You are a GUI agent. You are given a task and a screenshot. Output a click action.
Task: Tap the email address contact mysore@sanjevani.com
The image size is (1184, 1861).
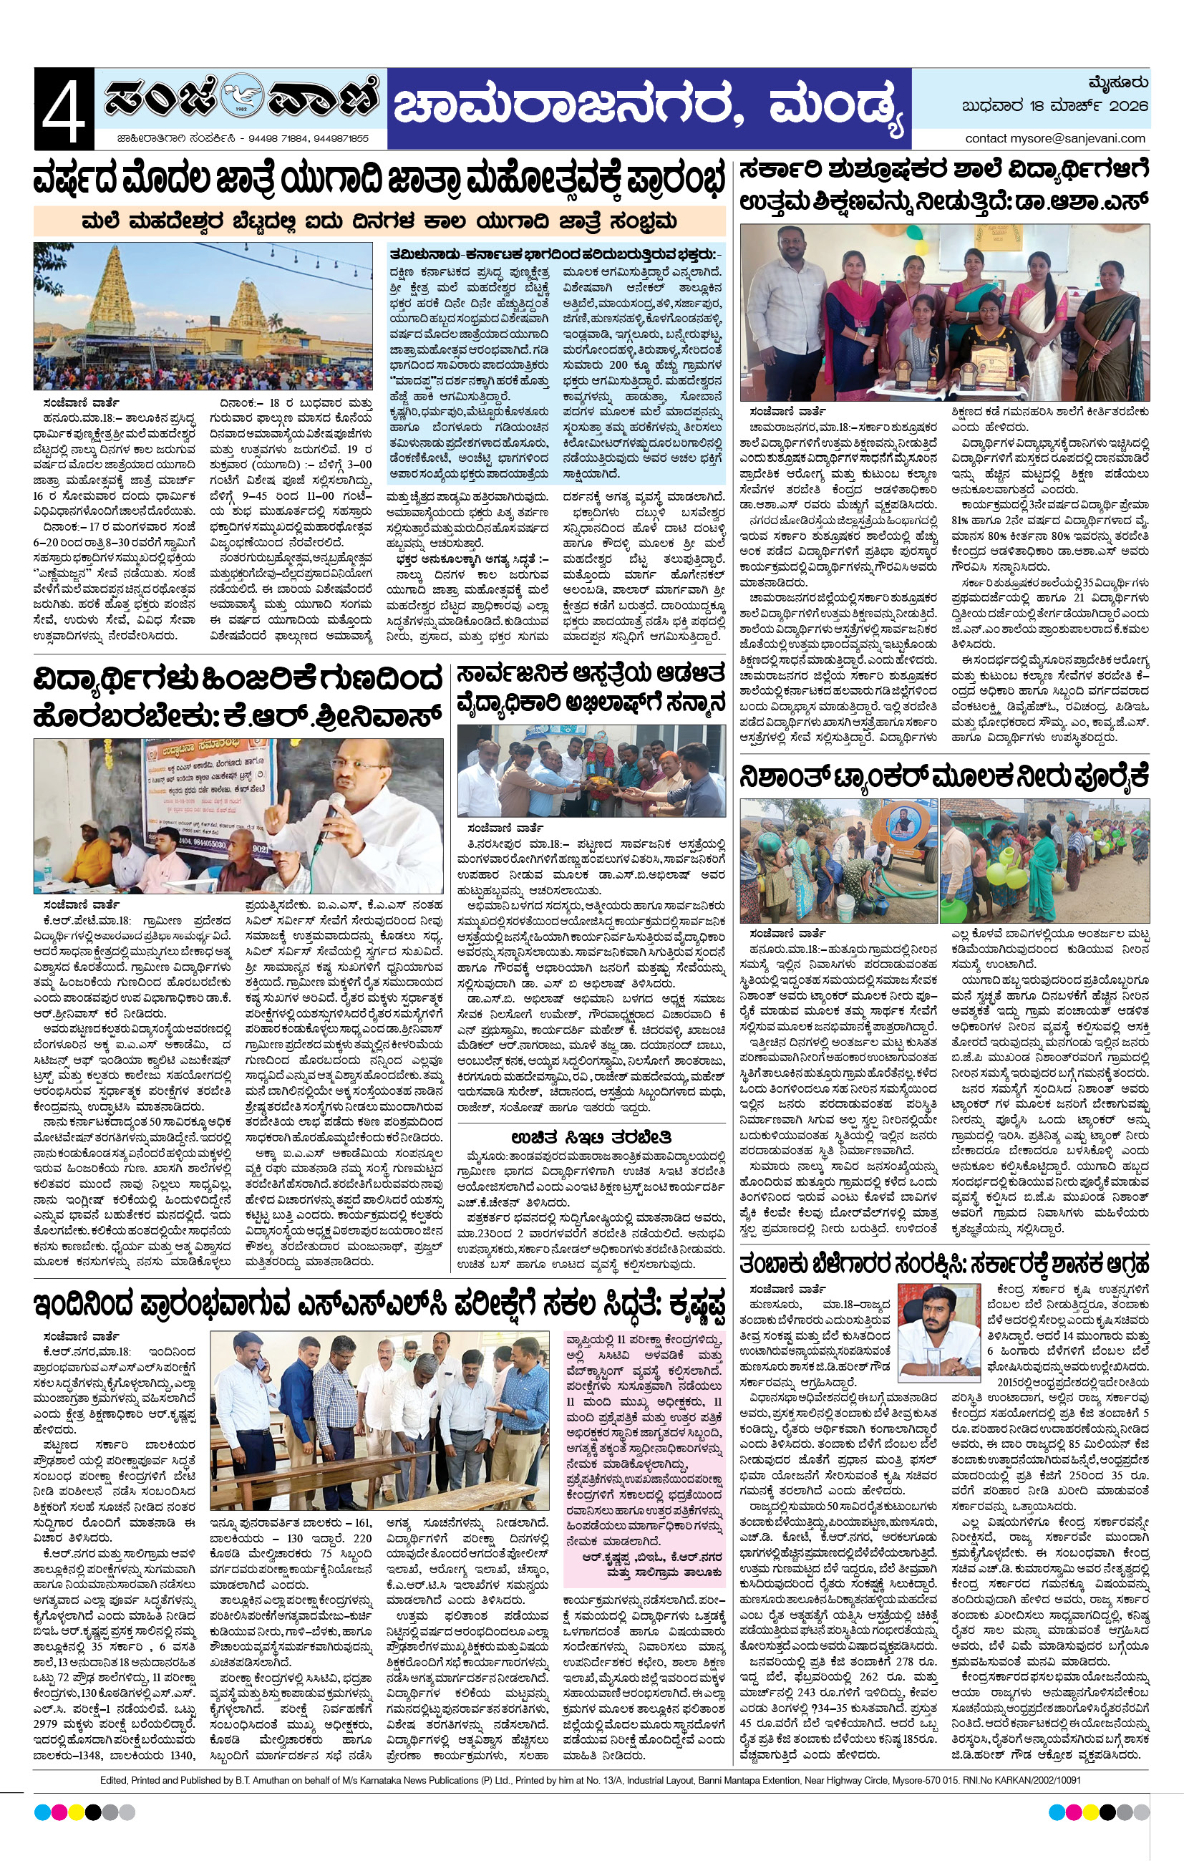(1055, 138)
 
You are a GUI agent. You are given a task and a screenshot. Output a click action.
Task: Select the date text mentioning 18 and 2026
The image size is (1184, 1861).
(1055, 106)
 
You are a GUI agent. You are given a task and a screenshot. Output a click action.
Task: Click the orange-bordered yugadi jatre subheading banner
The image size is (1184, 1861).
(379, 222)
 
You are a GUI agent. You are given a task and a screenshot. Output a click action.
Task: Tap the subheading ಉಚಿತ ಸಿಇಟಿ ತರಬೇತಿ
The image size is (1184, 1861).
(591, 1137)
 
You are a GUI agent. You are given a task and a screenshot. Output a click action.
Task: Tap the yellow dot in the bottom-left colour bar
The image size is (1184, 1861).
(77, 1812)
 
